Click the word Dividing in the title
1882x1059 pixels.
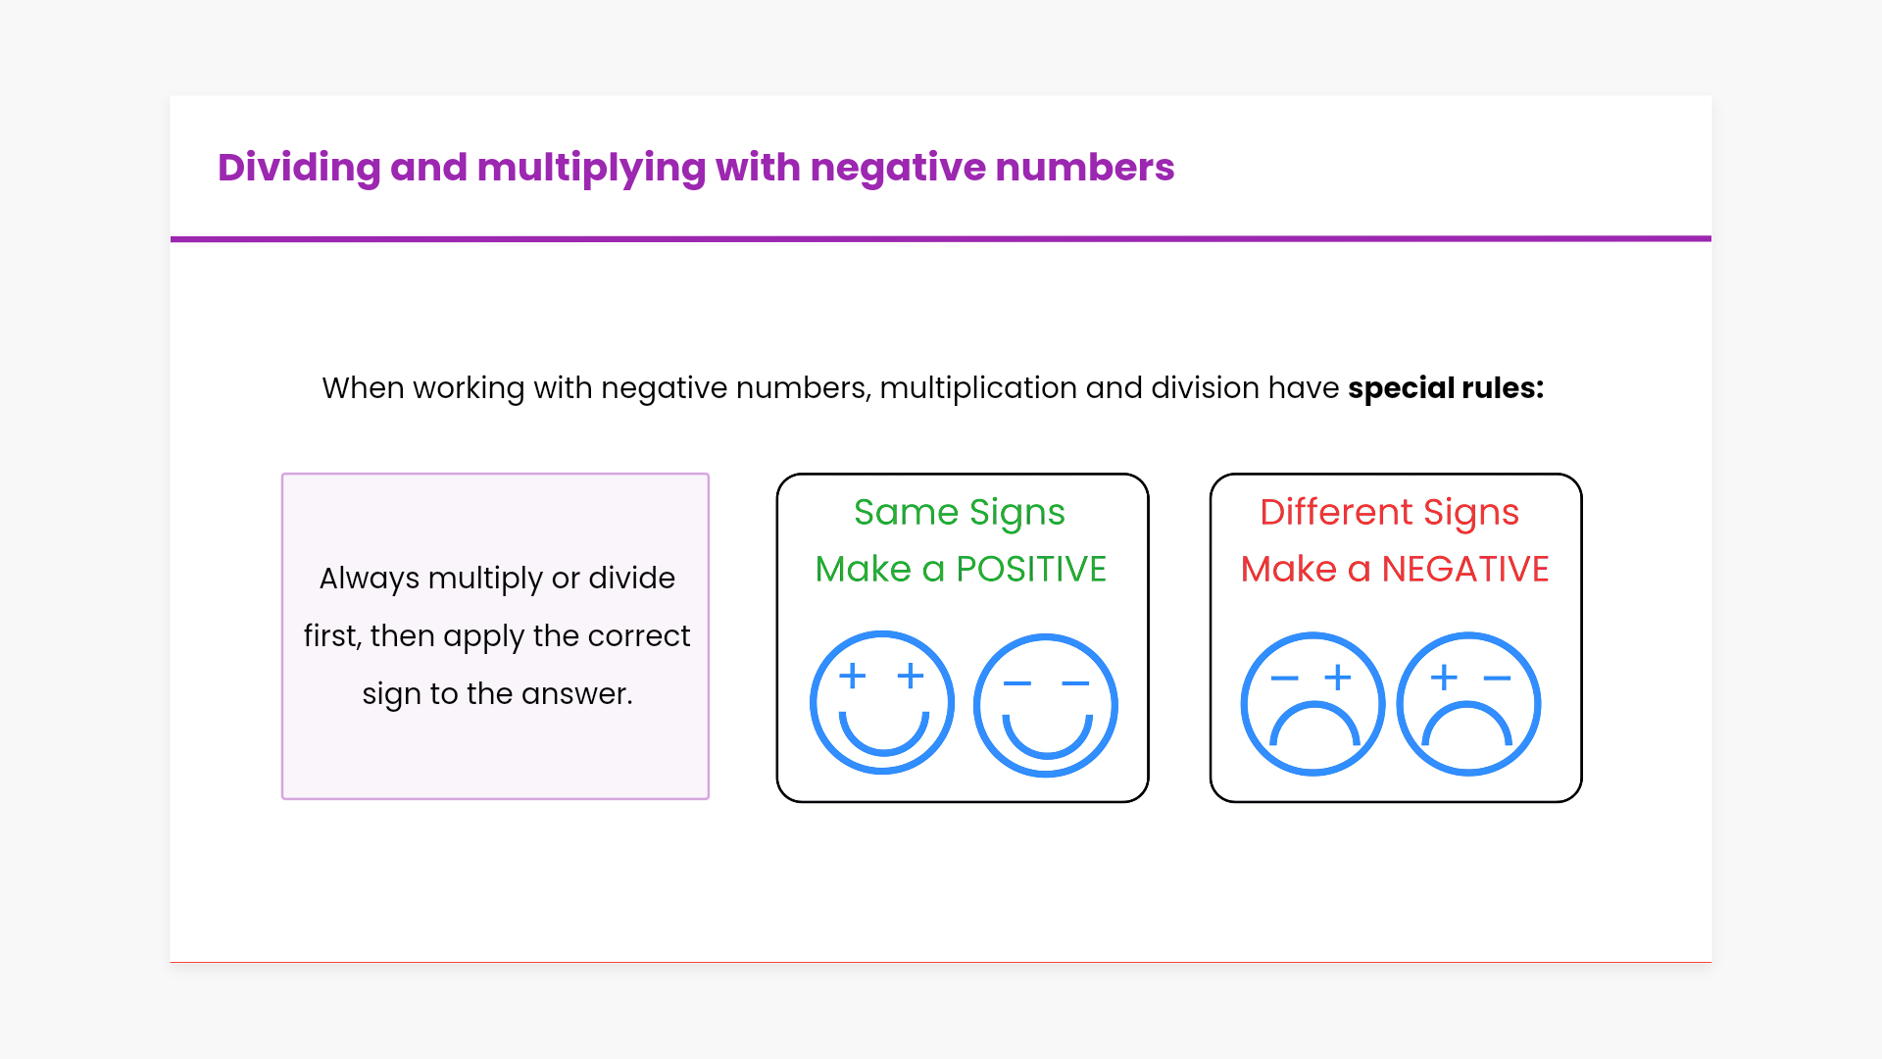[x=299, y=168]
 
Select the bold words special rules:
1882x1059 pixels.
[x=1446, y=388]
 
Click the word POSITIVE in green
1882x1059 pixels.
[x=1031, y=569]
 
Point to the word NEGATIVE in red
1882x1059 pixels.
[x=1465, y=569]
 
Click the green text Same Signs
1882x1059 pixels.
[x=960, y=513]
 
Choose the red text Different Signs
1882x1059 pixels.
[x=1390, y=513]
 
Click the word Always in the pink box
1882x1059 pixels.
[x=370, y=580]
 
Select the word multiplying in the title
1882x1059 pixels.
[x=591, y=168]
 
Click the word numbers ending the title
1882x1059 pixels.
[x=1085, y=168]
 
